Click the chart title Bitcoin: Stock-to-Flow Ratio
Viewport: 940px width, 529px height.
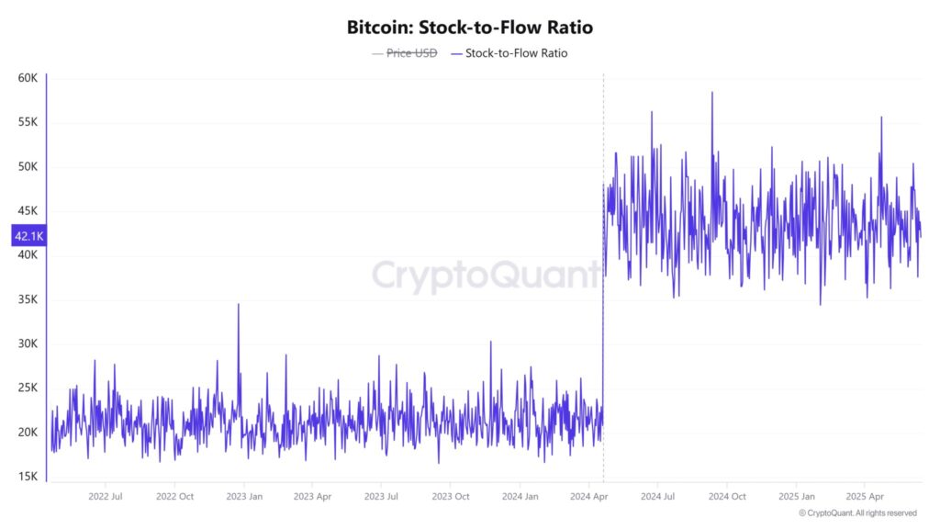(x=469, y=28)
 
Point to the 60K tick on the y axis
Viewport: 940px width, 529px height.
(x=28, y=78)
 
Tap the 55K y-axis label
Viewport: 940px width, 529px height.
(x=28, y=122)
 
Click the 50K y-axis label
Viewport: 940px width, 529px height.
(x=28, y=166)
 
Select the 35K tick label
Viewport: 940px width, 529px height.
(x=28, y=299)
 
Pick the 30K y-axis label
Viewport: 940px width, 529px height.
(x=28, y=343)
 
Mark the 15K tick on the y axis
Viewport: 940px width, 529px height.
(x=28, y=477)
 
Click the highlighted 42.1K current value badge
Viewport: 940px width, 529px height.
(x=28, y=237)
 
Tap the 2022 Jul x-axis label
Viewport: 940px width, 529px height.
(x=105, y=496)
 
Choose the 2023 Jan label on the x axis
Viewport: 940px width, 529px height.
(x=242, y=496)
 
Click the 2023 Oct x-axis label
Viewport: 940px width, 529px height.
(x=450, y=496)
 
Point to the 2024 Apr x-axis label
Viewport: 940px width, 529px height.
(x=587, y=496)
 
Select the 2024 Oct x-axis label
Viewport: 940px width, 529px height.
(x=726, y=496)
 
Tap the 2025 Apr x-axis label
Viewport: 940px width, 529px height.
(x=864, y=496)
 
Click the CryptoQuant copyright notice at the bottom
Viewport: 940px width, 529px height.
(x=857, y=512)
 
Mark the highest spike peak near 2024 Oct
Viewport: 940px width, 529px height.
(x=711, y=93)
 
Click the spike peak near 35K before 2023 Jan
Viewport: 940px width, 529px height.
(x=239, y=305)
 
